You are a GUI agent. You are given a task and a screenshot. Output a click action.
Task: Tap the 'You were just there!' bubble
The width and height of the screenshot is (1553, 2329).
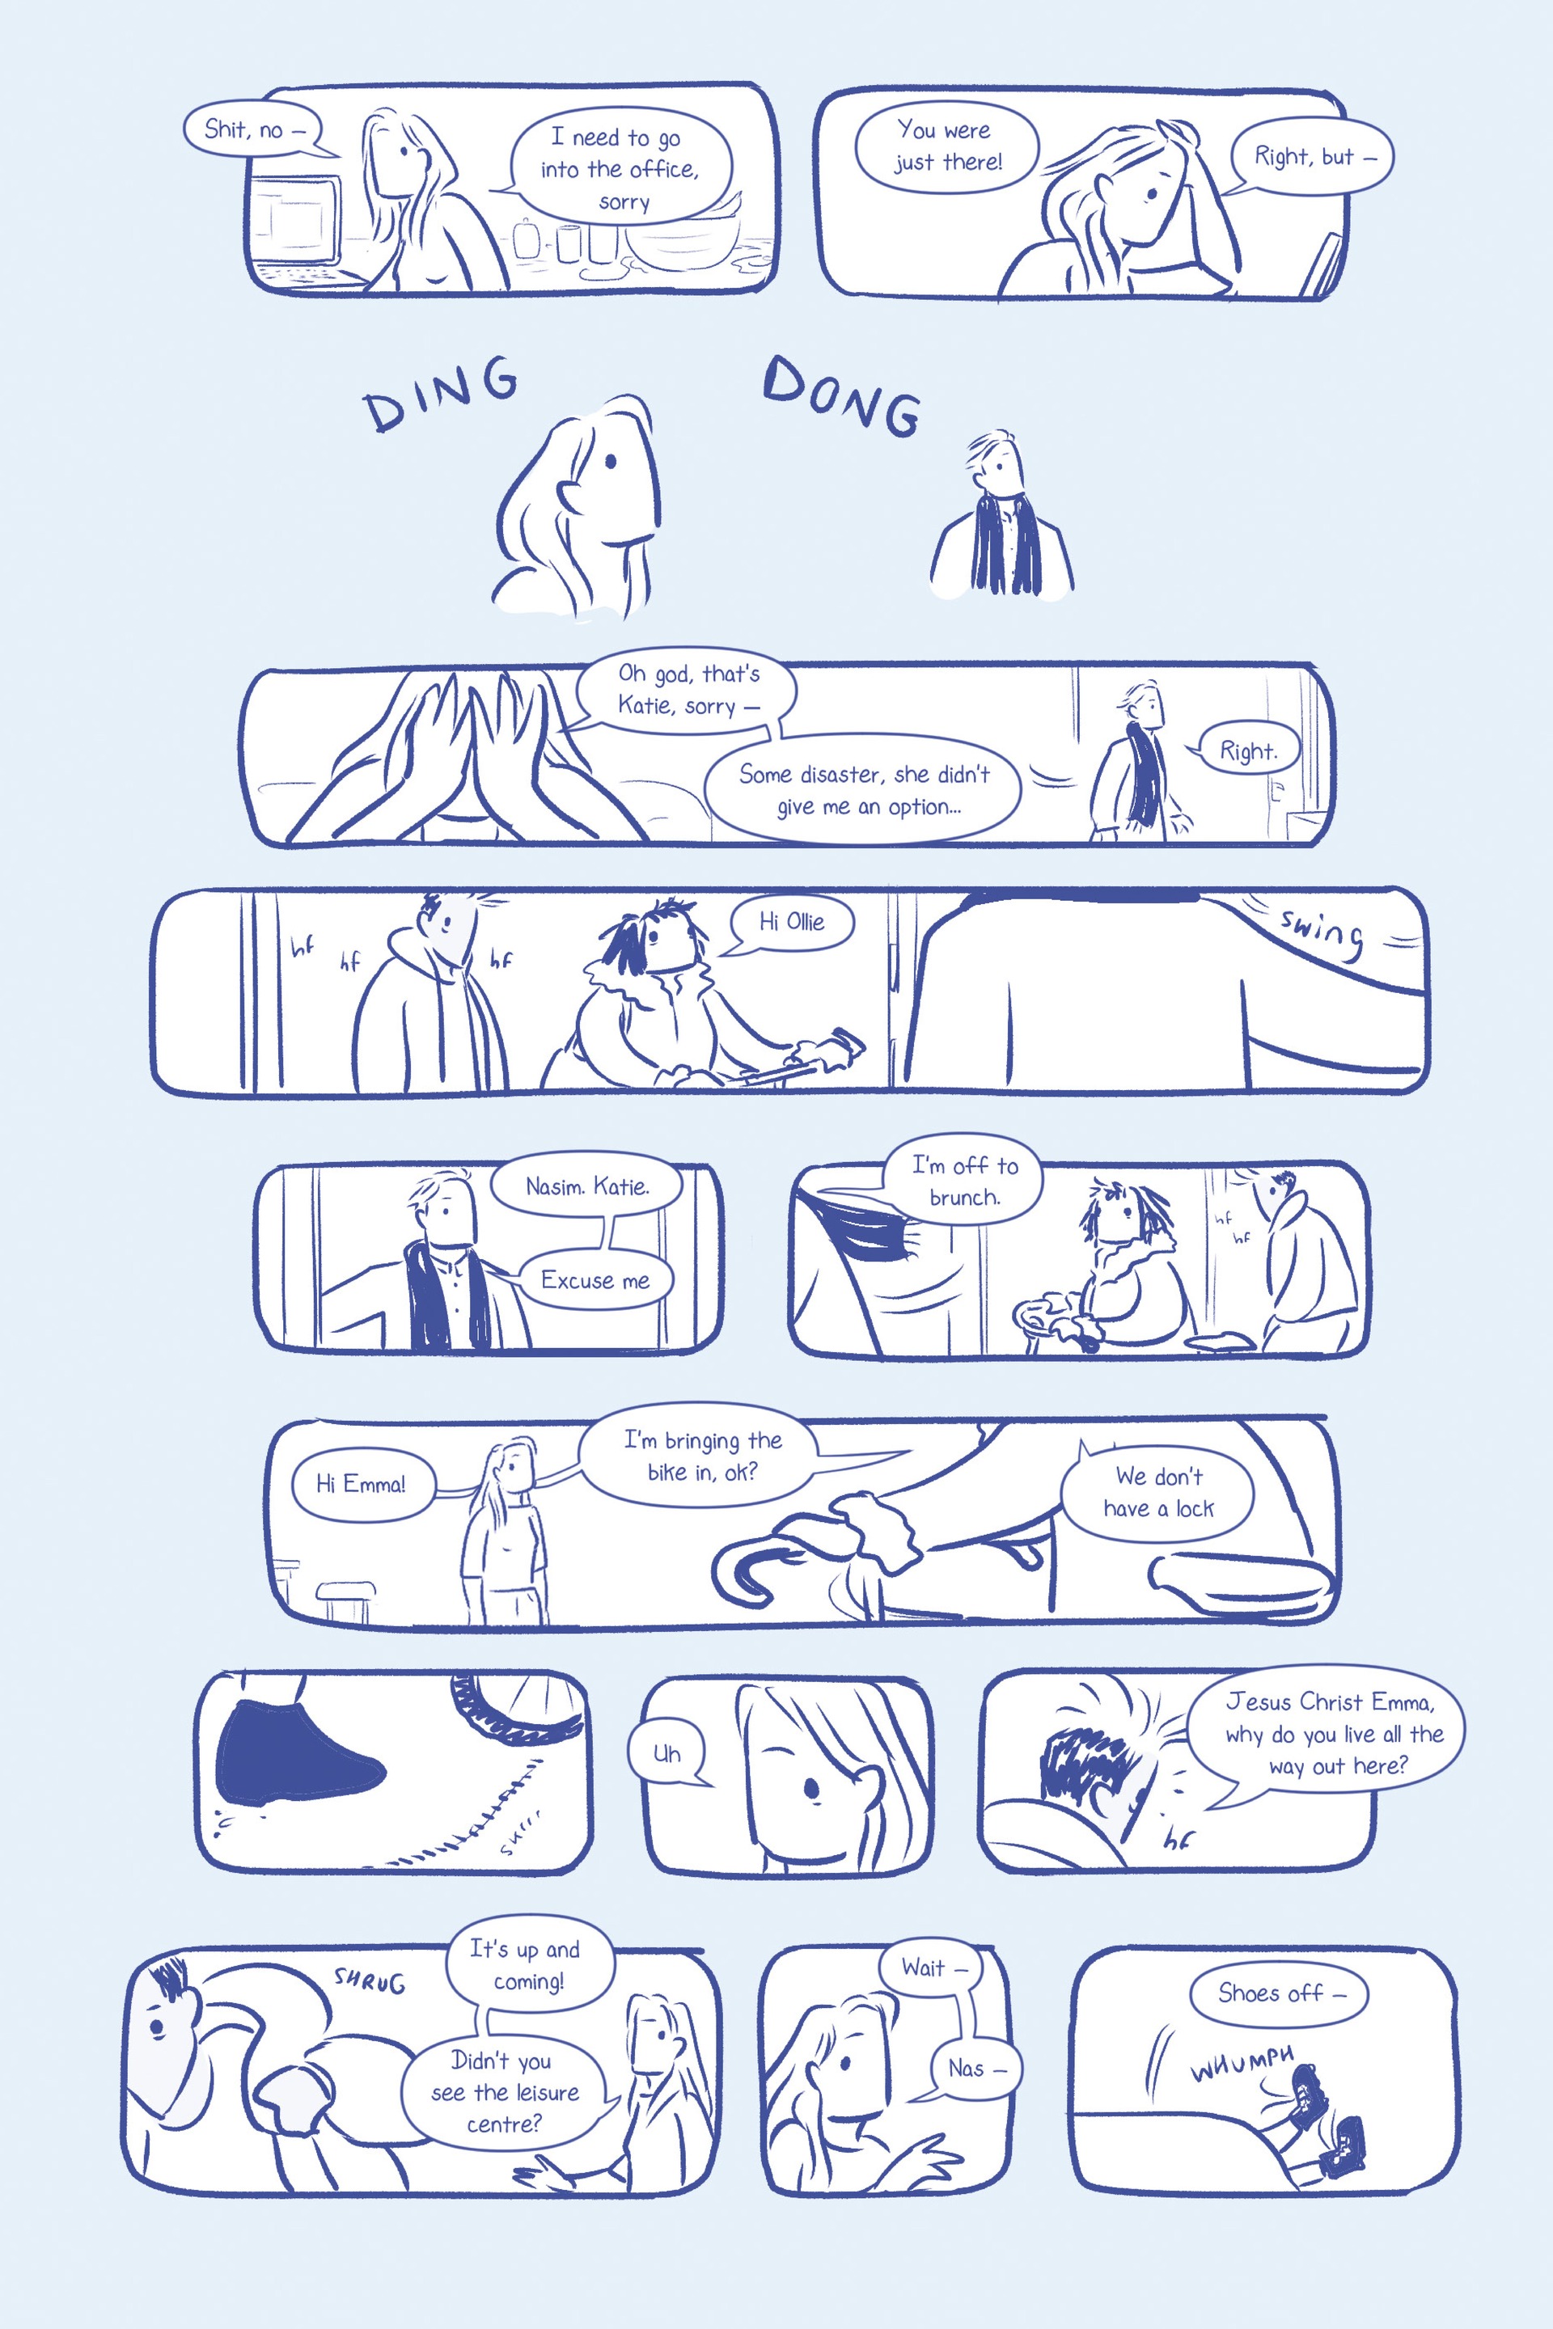(x=945, y=146)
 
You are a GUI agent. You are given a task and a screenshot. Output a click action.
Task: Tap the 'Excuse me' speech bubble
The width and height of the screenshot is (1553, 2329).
(x=595, y=1279)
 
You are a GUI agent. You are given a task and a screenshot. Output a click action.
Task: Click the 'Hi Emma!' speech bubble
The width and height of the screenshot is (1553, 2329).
(x=362, y=1483)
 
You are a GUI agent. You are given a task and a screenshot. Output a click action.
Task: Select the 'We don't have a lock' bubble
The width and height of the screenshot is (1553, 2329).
(x=1157, y=1492)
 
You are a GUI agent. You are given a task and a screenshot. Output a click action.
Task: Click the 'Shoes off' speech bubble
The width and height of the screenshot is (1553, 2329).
(x=1279, y=1993)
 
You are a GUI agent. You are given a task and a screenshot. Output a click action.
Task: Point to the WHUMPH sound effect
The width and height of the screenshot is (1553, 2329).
(x=1242, y=2065)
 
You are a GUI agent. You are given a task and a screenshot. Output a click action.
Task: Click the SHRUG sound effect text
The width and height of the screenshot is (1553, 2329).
(x=370, y=1980)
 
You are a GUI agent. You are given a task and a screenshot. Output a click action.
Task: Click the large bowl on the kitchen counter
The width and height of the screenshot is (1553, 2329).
(x=683, y=241)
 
